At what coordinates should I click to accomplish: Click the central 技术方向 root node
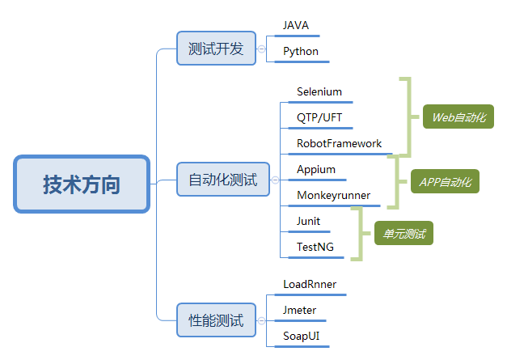point(82,184)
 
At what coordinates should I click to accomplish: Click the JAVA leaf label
point(296,26)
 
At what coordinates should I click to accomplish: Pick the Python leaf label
point(301,52)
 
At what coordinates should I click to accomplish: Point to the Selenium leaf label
point(319,92)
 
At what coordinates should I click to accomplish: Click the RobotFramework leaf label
point(339,143)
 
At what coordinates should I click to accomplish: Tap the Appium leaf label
point(316,170)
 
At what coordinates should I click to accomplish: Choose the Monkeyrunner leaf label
point(333,195)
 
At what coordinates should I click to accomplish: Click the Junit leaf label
point(308,221)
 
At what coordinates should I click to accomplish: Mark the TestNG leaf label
point(315,247)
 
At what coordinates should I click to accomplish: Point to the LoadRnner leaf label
point(310,284)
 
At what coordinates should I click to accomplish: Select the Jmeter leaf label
point(299,310)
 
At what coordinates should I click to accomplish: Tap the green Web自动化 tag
point(458,117)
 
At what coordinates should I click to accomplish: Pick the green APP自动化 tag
point(446,181)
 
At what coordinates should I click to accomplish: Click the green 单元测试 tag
point(403,234)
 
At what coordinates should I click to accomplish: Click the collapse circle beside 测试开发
point(260,49)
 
